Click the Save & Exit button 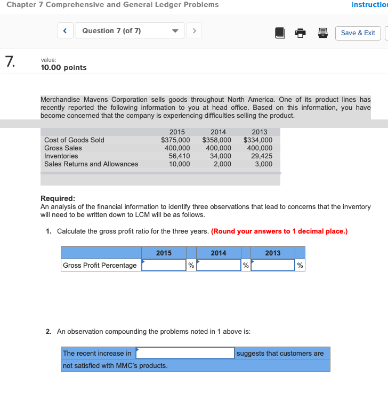358,33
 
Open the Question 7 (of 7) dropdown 130,31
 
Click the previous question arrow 65,31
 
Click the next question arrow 195,31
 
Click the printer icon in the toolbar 301,33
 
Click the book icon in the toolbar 280,33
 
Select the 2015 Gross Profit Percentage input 164,265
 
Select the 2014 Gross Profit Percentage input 219,265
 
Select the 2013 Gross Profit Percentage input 273,265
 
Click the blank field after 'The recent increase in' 185,353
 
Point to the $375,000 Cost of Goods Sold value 175,140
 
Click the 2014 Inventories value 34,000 221,156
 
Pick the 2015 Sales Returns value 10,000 179,164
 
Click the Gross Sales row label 63,148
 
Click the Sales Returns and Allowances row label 91,164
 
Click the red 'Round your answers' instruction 279,231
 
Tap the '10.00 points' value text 63,68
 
